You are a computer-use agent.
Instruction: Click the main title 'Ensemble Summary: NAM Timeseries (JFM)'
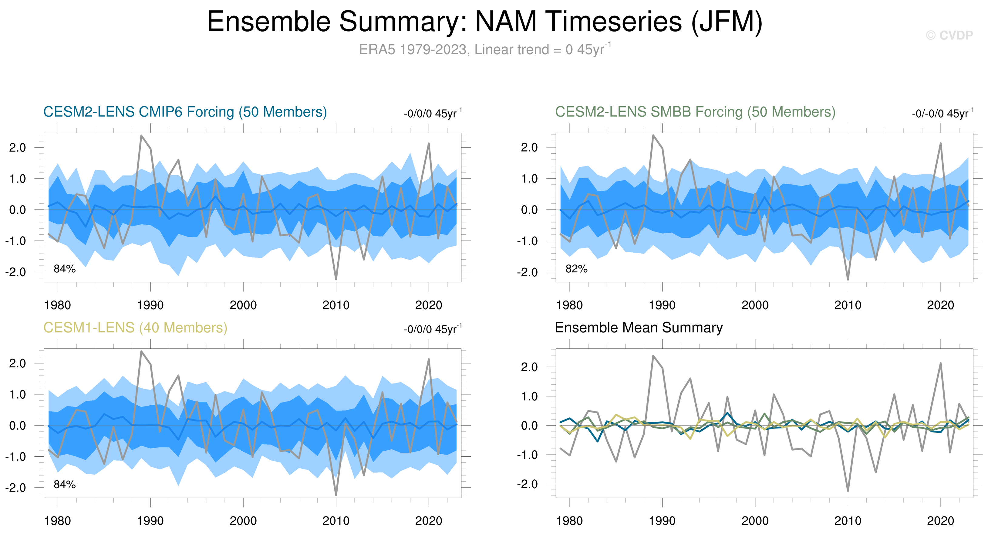click(x=484, y=22)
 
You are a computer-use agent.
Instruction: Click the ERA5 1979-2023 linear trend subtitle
click(x=484, y=49)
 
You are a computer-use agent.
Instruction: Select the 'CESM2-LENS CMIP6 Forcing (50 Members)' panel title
click(x=185, y=112)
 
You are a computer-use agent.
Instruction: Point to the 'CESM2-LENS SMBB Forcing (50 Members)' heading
click(x=695, y=112)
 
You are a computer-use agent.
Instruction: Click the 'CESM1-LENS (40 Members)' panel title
click(x=135, y=328)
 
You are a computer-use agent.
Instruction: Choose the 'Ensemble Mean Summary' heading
click(x=639, y=328)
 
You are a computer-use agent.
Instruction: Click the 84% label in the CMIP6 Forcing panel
click(x=64, y=269)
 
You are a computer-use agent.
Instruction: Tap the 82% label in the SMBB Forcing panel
click(x=576, y=269)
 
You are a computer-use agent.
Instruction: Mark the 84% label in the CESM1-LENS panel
click(x=64, y=485)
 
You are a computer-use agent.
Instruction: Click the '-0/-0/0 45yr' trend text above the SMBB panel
click(x=942, y=114)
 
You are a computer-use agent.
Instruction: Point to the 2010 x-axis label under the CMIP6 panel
click(x=336, y=305)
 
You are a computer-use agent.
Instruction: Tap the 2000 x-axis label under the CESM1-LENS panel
click(x=243, y=521)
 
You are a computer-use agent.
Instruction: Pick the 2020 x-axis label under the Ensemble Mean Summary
click(x=940, y=521)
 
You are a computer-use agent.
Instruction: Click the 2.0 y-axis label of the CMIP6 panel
click(x=18, y=147)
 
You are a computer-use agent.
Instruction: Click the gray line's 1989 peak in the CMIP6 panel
click(x=141, y=135)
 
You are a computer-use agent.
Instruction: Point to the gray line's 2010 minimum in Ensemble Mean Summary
click(x=848, y=490)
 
